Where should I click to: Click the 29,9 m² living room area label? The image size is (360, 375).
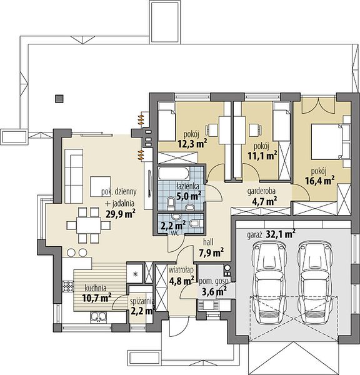pos(121,214)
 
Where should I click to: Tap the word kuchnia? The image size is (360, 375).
pos(96,288)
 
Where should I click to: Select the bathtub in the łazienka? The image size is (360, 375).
pos(174,173)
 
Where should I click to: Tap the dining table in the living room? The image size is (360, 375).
pos(89,225)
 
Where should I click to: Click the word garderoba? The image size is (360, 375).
pos(261,191)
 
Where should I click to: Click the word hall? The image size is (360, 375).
pos(208,242)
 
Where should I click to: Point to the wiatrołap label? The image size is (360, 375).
pos(181,270)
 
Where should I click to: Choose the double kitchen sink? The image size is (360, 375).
pos(98,316)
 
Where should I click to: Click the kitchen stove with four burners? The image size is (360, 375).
pos(67,286)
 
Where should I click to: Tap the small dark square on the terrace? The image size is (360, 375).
pos(59,99)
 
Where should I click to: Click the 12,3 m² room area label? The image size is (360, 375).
pos(192,144)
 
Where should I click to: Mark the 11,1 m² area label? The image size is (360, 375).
pos(262,156)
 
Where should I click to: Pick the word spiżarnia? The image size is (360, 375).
pos(142,302)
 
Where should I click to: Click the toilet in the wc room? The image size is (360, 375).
pos(196,223)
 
